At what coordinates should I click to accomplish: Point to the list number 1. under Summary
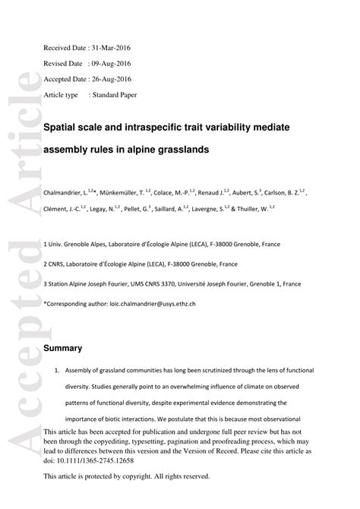56,371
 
